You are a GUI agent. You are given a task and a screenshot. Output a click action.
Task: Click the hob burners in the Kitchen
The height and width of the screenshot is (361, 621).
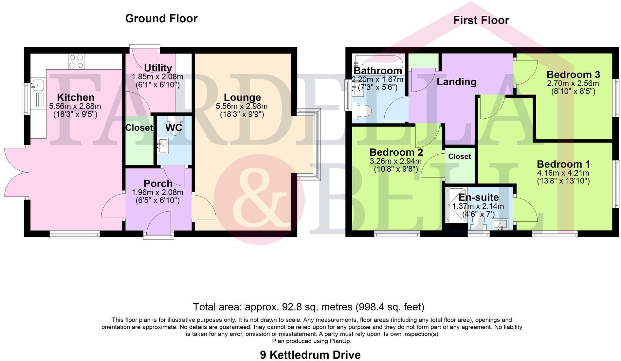coord(76,61)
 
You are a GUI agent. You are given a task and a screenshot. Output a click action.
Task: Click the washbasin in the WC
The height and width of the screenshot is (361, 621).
coord(163,145)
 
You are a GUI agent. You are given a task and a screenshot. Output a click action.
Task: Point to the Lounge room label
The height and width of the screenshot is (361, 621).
coord(242,97)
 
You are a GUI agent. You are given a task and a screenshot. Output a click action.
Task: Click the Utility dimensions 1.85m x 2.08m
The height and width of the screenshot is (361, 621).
coord(157,77)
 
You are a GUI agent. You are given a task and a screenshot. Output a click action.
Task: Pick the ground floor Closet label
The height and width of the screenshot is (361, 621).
coord(139,128)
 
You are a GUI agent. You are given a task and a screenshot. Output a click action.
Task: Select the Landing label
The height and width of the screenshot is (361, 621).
coord(456,82)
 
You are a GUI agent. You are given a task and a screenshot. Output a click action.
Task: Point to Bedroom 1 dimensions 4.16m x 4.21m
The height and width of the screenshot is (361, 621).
coord(563,173)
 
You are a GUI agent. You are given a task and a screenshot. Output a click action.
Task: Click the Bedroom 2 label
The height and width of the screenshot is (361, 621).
coord(396,152)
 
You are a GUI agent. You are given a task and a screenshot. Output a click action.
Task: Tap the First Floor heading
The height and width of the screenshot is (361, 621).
coord(481,21)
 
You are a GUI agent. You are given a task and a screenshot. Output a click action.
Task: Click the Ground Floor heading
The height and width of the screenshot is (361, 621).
coord(161,19)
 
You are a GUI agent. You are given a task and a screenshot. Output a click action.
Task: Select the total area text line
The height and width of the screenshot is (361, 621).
coord(308,307)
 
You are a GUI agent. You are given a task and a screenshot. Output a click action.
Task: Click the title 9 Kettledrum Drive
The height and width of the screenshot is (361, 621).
coord(310,355)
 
